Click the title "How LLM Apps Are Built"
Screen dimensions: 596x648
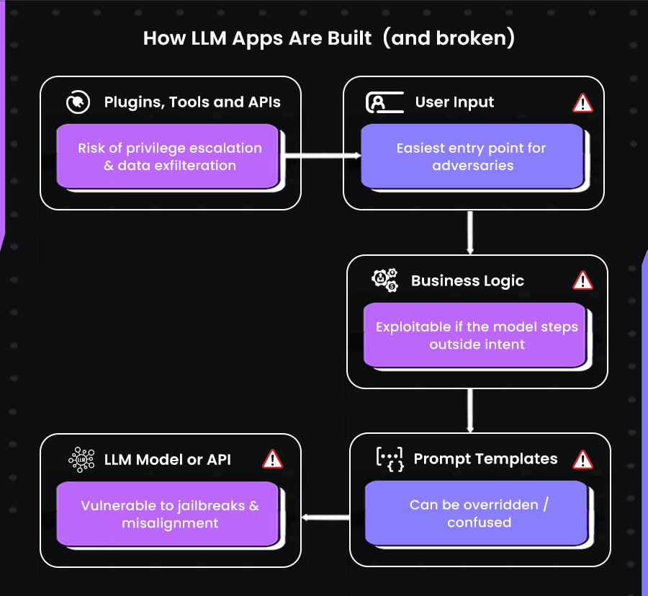tap(257, 38)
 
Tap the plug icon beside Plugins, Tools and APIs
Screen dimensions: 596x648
tap(75, 102)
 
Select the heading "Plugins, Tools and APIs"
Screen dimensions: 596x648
tap(192, 102)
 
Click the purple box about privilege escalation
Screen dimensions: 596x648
tap(169, 156)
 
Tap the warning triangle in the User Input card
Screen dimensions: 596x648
tap(582, 103)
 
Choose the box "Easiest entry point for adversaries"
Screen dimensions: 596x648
tap(472, 156)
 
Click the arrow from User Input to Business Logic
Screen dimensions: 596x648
tap(470, 231)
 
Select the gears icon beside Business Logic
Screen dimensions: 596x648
tap(384, 280)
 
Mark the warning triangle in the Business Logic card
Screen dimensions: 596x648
tap(582, 280)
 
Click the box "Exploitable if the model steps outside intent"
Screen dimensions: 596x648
tap(477, 335)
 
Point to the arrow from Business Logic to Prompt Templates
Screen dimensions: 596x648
tap(470, 410)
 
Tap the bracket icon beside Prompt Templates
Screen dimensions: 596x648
tap(390, 458)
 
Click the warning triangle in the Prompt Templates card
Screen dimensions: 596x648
tap(582, 459)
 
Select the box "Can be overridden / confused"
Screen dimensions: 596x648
tap(479, 513)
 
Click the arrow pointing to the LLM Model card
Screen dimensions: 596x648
tap(325, 517)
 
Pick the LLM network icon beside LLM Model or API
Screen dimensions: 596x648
tap(81, 459)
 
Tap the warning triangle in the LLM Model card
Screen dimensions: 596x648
tap(272, 459)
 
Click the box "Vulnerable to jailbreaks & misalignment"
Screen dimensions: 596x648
tap(169, 514)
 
